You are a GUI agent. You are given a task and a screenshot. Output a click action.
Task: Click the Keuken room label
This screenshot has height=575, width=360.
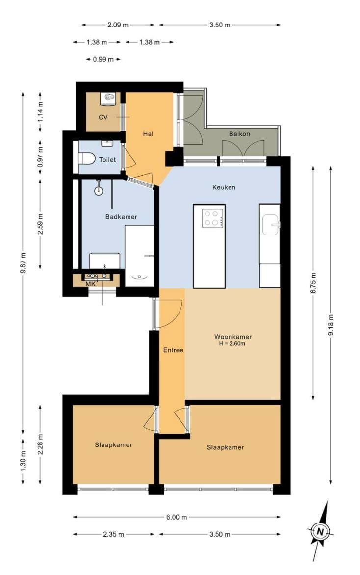click(224, 187)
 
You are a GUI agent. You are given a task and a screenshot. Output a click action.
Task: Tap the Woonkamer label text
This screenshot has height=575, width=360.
click(233, 336)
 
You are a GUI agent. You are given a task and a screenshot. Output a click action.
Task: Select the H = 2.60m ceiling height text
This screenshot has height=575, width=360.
click(232, 343)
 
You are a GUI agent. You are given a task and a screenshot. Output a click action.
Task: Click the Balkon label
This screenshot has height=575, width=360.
click(239, 134)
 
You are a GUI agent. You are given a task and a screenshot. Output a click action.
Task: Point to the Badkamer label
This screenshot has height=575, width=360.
click(121, 217)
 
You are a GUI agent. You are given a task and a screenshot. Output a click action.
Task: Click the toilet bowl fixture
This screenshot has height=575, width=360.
click(86, 159)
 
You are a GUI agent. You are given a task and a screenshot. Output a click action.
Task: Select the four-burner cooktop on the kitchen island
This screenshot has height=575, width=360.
click(213, 218)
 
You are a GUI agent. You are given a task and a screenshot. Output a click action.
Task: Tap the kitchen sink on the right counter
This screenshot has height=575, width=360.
click(271, 224)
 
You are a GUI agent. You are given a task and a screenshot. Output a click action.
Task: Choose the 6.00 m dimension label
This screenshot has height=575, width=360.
click(177, 517)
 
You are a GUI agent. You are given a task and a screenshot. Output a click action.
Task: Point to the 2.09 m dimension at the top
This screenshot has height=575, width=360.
click(118, 25)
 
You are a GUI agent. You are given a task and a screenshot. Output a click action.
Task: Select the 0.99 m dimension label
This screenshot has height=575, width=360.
click(103, 59)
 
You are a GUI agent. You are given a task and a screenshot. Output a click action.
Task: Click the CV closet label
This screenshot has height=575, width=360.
click(103, 117)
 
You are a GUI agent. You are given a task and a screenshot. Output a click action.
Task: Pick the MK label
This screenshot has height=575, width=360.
click(91, 284)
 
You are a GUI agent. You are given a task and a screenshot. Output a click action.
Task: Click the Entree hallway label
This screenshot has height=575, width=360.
click(174, 350)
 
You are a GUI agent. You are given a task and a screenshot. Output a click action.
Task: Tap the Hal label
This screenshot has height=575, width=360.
click(148, 134)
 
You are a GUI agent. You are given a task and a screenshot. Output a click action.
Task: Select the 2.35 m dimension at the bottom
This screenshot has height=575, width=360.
click(114, 534)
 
